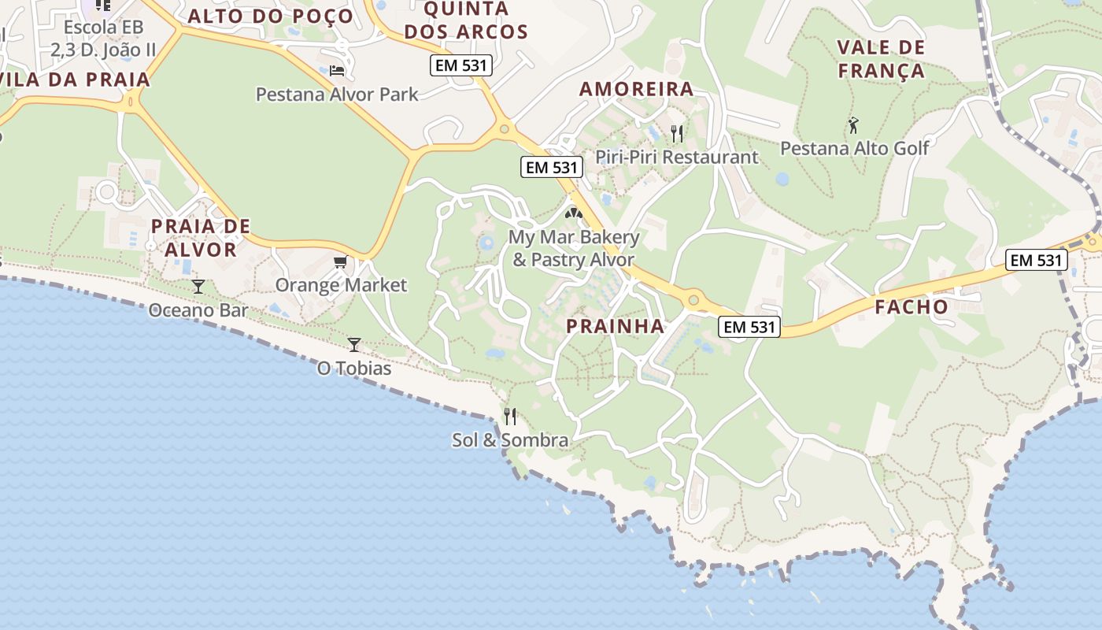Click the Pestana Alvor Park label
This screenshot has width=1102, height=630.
pos(337,94)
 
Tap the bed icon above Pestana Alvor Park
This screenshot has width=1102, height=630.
pos(337,71)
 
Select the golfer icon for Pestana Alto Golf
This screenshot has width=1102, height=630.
pos(853,124)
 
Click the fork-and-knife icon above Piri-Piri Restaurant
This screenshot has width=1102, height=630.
pos(676,133)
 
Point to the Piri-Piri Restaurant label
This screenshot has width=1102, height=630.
pos(676,157)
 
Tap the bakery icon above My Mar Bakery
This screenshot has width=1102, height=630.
pos(574,213)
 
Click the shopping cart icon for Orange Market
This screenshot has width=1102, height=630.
pos(341,262)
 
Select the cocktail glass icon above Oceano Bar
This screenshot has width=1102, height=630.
pos(198,286)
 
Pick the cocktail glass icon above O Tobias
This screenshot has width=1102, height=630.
pos(354,344)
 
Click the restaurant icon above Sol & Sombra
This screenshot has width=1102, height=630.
pos(510,416)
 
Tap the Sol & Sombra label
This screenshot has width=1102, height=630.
pos(510,440)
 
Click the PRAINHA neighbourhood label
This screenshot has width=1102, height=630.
pos(616,326)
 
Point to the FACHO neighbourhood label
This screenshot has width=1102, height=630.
pos(912,307)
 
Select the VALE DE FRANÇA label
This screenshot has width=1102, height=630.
pos(881,59)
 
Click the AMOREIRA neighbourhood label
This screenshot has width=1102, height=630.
pos(637,89)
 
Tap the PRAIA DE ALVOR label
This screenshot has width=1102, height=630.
pos(200,238)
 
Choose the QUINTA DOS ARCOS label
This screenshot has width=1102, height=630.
pos(476,20)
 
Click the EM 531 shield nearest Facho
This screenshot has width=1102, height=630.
pos(1036,260)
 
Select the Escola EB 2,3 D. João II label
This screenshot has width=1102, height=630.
pos(103,39)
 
